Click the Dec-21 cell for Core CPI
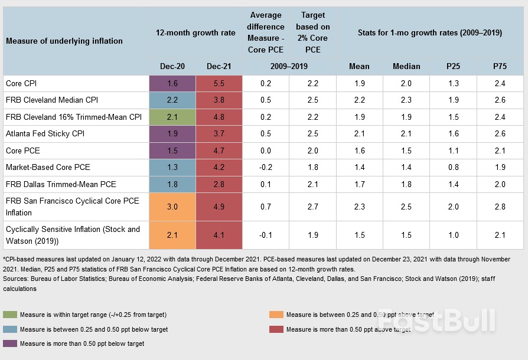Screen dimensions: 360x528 click(x=219, y=84)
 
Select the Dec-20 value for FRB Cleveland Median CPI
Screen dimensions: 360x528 click(x=172, y=100)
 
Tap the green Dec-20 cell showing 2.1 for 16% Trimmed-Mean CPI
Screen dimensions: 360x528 click(x=172, y=117)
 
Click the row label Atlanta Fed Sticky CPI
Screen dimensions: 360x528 click(x=45, y=134)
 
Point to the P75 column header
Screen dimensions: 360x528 click(x=500, y=66)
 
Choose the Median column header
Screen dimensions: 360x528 click(x=406, y=66)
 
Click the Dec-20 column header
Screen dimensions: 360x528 click(x=172, y=66)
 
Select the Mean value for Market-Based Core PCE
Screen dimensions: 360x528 click(x=359, y=168)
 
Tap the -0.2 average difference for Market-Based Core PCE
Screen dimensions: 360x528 click(x=266, y=168)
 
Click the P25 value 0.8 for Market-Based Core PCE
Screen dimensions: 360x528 click(x=453, y=168)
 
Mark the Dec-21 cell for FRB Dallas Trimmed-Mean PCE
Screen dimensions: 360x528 click(x=219, y=184)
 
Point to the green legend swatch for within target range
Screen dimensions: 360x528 click(x=10, y=315)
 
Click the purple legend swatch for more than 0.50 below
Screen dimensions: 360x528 click(x=10, y=343)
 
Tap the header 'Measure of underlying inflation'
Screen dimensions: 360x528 click(x=64, y=41)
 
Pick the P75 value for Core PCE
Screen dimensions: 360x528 click(x=500, y=150)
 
